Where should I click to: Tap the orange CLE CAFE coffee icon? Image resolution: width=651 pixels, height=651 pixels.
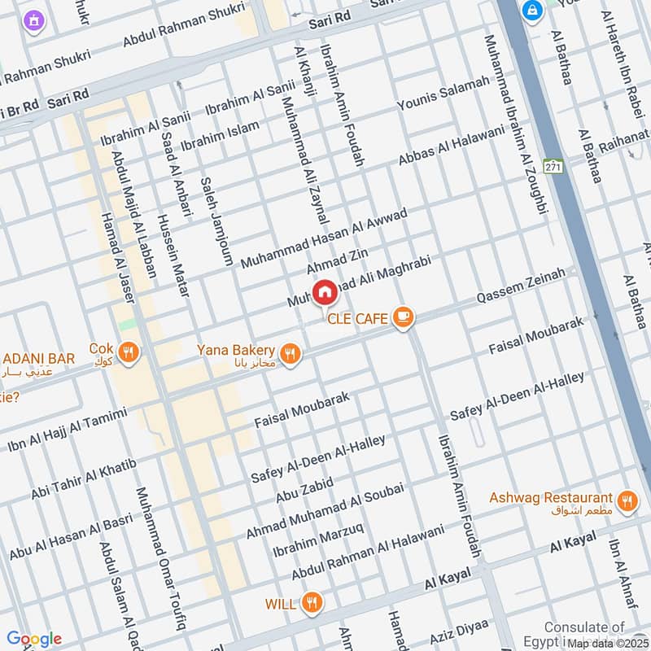pyautogui.click(x=402, y=317)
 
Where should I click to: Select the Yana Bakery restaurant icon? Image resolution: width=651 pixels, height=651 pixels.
pyautogui.click(x=289, y=353)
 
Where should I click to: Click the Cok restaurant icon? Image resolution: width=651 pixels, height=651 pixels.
pyautogui.click(x=128, y=352)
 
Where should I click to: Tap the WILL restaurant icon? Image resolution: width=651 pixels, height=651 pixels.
pyautogui.click(x=311, y=603)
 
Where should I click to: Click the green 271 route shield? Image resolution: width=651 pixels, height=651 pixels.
pyautogui.click(x=554, y=166)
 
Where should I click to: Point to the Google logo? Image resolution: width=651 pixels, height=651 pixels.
pyautogui.click(x=34, y=639)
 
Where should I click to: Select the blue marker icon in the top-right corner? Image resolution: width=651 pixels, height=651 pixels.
pyautogui.click(x=533, y=11)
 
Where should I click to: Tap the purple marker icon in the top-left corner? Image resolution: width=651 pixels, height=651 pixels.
pyautogui.click(x=33, y=19)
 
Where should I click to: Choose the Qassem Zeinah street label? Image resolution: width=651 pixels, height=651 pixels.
pyautogui.click(x=520, y=286)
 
